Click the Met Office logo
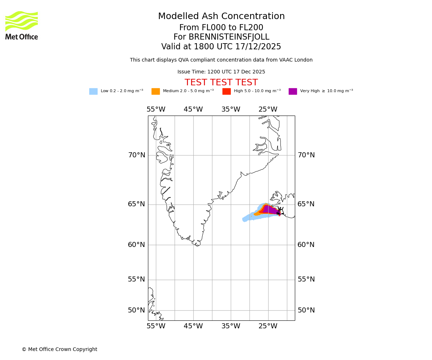coord(22,25)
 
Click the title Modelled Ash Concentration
coord(221,17)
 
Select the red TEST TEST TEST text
coord(221,83)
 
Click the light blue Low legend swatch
coord(93,91)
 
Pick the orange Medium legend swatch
coord(156,91)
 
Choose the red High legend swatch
coord(226,91)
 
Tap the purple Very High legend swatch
coord(293,91)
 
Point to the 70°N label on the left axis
coord(137,155)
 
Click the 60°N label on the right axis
coord(306,245)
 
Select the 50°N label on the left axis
coord(137,310)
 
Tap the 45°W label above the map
coord(193,109)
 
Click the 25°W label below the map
coord(268,326)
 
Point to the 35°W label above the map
coord(231,109)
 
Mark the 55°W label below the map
coord(156,326)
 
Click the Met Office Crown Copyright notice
coord(59,350)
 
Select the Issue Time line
coord(221,72)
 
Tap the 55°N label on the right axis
coord(306,279)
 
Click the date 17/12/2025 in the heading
coord(258,47)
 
